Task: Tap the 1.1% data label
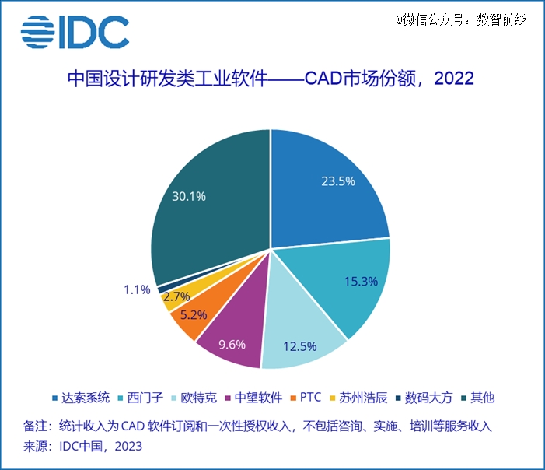[x=136, y=289]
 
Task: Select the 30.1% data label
[x=189, y=196]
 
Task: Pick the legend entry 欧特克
[x=196, y=398]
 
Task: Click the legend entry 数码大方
[x=428, y=398]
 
